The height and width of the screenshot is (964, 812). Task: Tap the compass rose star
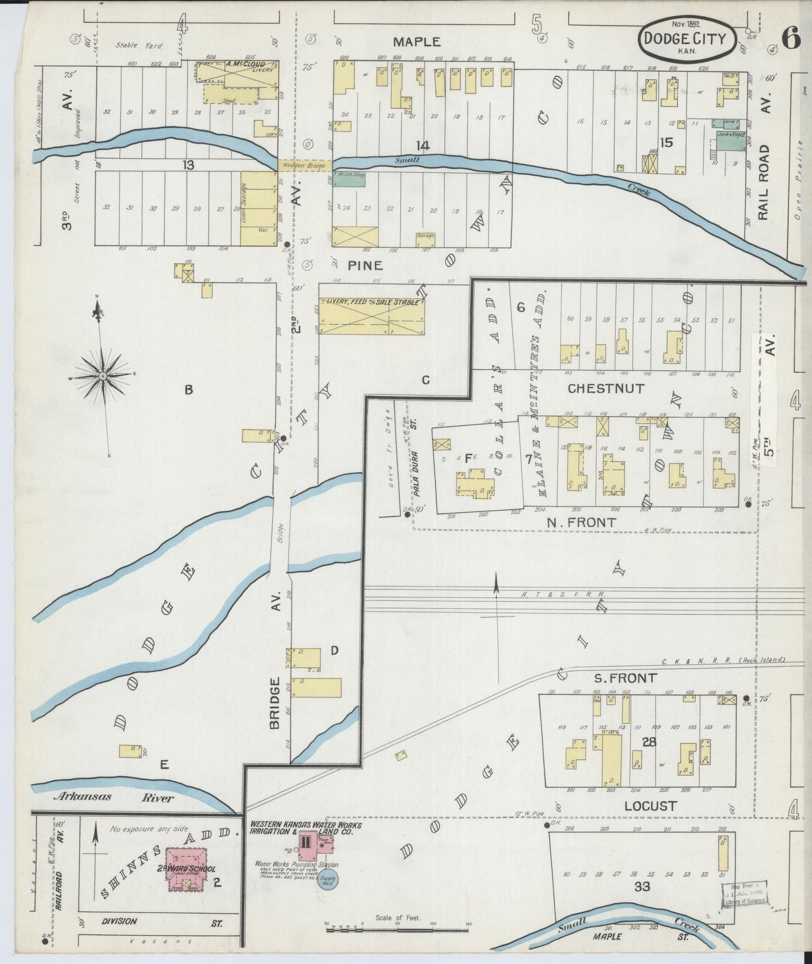point(103,376)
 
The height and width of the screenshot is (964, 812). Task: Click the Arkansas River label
point(113,797)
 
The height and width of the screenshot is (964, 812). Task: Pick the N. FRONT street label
point(581,522)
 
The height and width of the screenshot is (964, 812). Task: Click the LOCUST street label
point(650,806)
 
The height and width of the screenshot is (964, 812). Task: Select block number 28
point(650,742)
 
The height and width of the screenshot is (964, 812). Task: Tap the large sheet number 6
point(791,40)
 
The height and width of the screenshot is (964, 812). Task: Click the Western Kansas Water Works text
point(306,828)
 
